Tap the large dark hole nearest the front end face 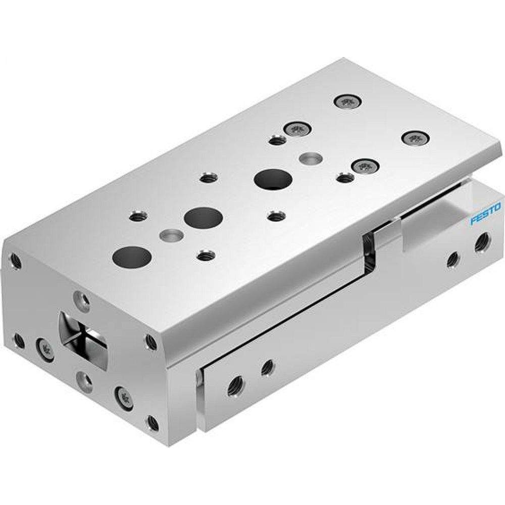[132, 257]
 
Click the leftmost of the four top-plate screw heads [296, 130]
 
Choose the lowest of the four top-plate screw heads [364, 166]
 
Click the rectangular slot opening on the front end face [83, 334]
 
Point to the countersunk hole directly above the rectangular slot [80, 298]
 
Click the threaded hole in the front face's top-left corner [17, 261]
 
